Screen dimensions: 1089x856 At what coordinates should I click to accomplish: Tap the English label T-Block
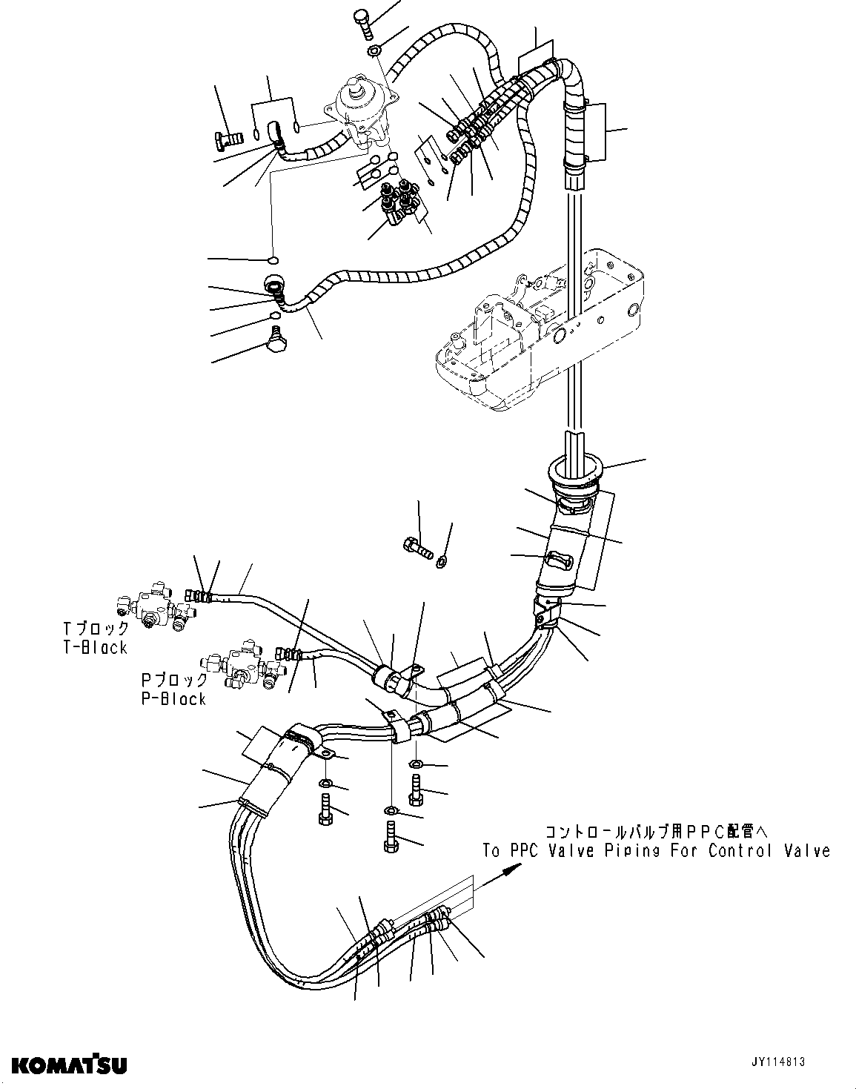(x=96, y=647)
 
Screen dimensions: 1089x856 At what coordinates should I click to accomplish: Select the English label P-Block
(x=173, y=698)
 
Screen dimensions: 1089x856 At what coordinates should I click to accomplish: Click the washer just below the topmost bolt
(x=375, y=50)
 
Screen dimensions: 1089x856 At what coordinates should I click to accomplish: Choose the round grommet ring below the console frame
(x=577, y=471)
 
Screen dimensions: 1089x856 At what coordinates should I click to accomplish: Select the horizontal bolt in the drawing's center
(x=417, y=549)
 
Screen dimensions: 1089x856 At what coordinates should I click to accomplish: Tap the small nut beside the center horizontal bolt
(x=442, y=560)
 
